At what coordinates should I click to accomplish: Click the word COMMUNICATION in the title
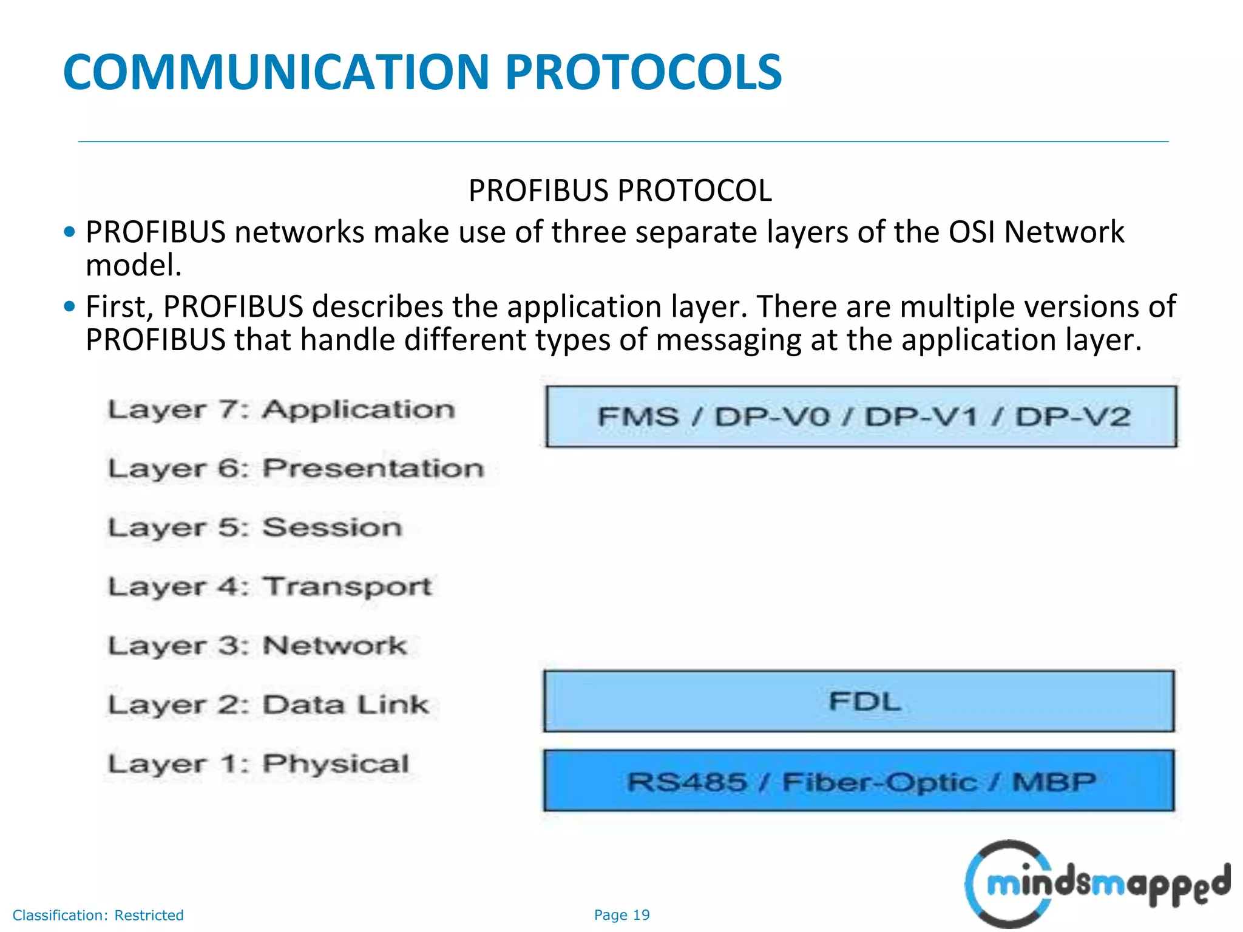[276, 72]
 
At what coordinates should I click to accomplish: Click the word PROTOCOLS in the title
[643, 72]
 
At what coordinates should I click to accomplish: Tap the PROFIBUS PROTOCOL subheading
[620, 191]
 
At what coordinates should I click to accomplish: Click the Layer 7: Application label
[281, 410]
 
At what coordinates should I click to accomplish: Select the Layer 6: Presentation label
[296, 469]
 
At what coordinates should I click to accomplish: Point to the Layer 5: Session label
[255, 528]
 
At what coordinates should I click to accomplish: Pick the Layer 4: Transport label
[269, 587]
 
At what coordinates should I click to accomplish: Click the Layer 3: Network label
[257, 646]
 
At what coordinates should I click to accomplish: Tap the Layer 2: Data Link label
[268, 705]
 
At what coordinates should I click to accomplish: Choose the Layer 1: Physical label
[259, 764]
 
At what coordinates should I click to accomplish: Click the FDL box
[859, 701]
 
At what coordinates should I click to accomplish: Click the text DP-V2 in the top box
[1072, 417]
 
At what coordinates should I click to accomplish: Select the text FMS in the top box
[638, 417]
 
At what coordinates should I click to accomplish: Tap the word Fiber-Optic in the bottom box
[879, 782]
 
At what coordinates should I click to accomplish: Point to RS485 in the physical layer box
[686, 782]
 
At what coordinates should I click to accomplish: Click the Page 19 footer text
[621, 915]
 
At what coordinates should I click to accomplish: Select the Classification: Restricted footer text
[98, 915]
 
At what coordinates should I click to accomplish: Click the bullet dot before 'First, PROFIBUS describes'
[70, 306]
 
